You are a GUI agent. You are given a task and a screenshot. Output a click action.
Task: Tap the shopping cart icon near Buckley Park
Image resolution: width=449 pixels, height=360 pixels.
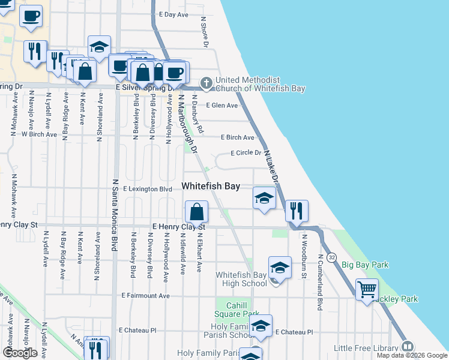[367, 290]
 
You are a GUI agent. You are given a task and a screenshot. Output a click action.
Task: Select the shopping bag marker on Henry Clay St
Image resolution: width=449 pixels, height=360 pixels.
[196, 212]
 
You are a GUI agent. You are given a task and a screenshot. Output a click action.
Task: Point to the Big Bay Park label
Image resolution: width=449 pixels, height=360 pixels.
[365, 265]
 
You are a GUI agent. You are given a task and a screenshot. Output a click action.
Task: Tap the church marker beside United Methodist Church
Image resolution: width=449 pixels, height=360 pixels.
[206, 84]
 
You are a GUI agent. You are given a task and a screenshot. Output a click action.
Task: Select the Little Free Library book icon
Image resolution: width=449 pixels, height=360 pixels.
[408, 347]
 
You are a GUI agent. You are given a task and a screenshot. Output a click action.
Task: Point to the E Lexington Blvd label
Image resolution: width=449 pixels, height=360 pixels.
[148, 189]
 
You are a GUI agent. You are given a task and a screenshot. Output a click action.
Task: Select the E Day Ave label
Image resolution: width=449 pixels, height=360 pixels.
[173, 14]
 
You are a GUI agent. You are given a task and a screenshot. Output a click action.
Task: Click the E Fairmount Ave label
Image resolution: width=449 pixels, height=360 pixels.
[145, 296]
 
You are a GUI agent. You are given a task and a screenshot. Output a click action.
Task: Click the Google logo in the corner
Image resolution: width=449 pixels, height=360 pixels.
[20, 353]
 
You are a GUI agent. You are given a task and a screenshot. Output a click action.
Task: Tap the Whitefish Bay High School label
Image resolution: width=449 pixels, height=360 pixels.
[241, 279]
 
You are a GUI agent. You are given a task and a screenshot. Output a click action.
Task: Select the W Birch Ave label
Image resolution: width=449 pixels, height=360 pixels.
[39, 134]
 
